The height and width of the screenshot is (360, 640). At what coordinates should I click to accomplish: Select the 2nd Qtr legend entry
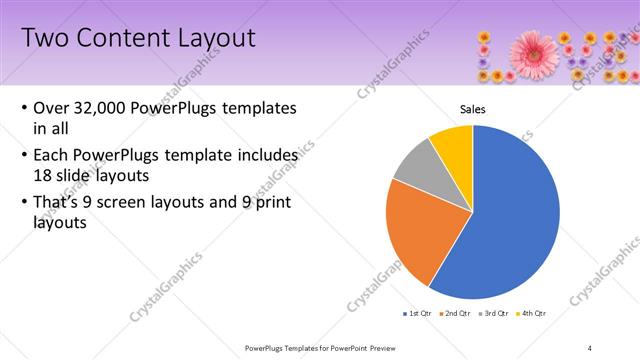[x=458, y=314]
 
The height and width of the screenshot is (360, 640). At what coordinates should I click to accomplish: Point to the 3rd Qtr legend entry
[x=497, y=314]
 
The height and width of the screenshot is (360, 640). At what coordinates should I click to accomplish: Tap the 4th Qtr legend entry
[x=536, y=314]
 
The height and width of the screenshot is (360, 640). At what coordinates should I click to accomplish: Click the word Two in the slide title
[x=44, y=39]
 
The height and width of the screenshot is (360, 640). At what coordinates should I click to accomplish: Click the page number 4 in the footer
[x=590, y=348]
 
